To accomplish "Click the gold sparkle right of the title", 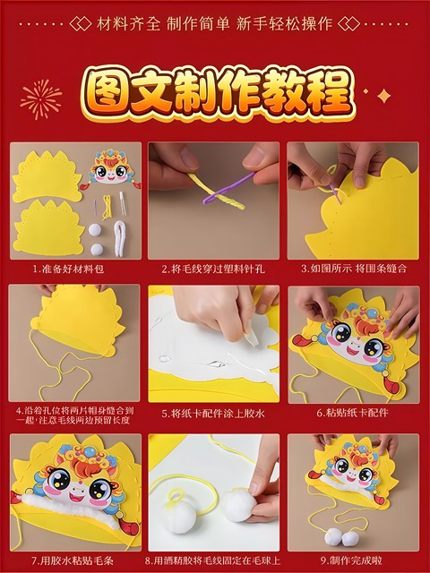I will (x=384, y=95).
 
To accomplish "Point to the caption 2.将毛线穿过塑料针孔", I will (x=214, y=268).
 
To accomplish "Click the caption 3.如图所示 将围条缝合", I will (x=353, y=268).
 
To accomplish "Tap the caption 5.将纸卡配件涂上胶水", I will (x=214, y=413).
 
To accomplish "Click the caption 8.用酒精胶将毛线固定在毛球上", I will (x=214, y=559).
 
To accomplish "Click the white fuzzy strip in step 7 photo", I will (x=72, y=513).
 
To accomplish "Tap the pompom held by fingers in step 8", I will (x=239, y=506).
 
